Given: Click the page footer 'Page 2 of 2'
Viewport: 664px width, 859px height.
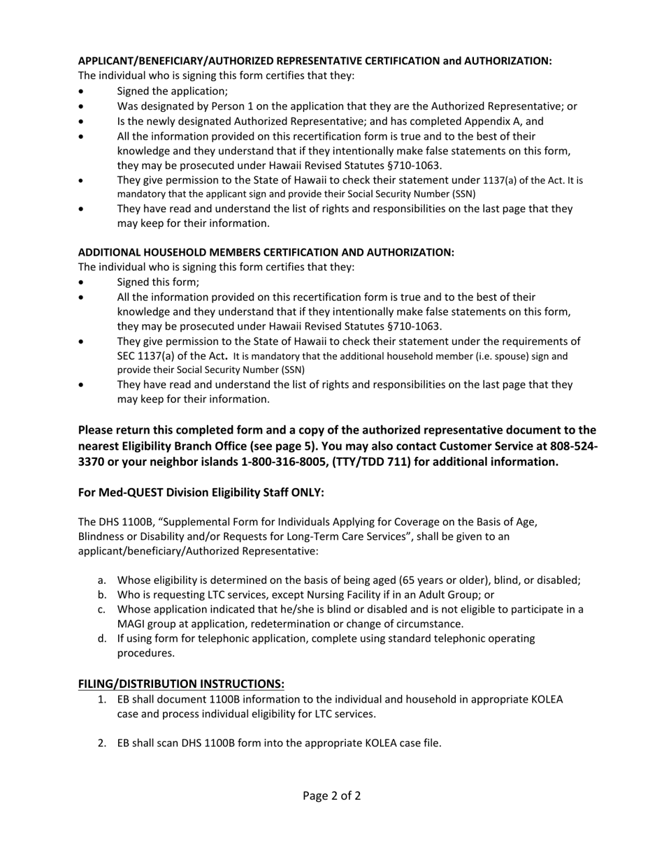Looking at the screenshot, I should click(331, 795).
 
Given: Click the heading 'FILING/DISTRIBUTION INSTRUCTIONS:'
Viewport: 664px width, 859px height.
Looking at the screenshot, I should click(181, 683).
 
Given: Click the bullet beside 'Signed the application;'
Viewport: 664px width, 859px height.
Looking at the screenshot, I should click(84, 91).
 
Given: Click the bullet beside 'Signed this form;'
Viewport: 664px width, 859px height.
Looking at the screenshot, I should click(84, 283).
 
